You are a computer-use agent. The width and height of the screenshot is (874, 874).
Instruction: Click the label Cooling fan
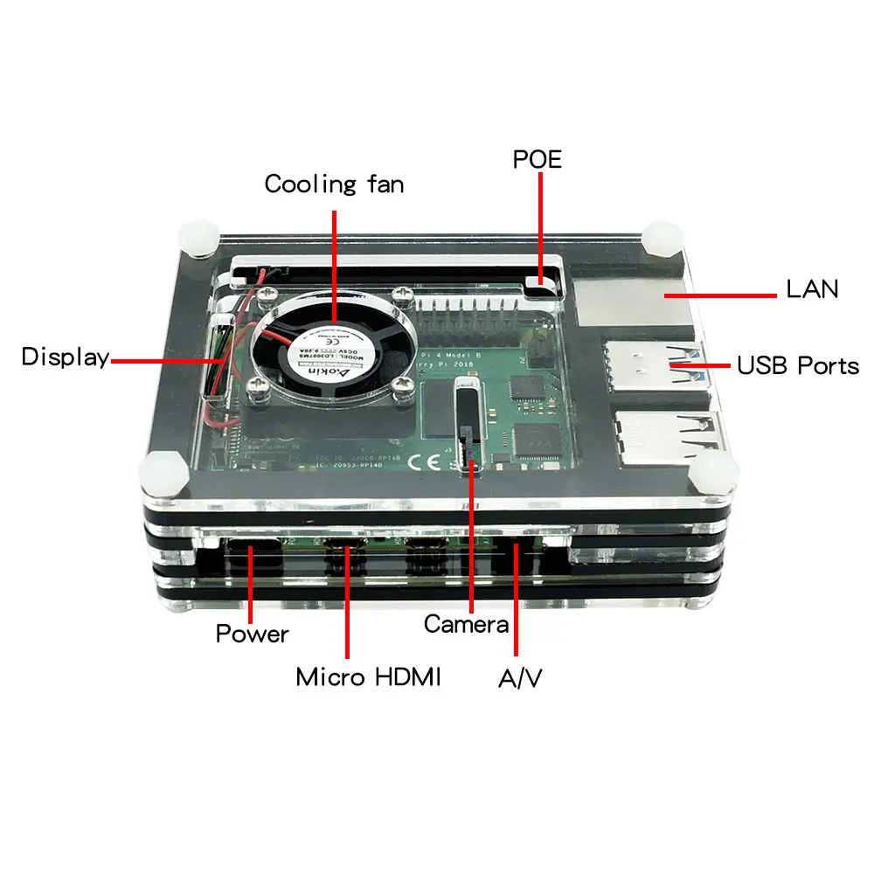point(334,184)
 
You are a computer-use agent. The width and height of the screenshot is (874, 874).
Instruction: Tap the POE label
point(537,159)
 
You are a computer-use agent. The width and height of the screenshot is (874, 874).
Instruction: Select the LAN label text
point(813,288)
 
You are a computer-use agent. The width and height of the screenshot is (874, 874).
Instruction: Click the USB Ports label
point(798,364)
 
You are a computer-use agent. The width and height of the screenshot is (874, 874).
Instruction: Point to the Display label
point(66,357)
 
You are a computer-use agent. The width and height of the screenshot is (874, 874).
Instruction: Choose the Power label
point(252,633)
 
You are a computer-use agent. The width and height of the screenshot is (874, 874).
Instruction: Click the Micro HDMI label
point(368,676)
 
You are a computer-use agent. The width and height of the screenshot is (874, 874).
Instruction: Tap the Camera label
point(466,624)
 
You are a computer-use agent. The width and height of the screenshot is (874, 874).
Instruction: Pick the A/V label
point(520,678)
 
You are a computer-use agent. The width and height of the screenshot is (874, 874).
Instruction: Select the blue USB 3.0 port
point(651,365)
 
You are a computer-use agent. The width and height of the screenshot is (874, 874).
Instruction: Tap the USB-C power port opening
point(252,552)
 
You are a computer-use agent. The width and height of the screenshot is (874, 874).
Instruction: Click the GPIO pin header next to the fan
point(468,313)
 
